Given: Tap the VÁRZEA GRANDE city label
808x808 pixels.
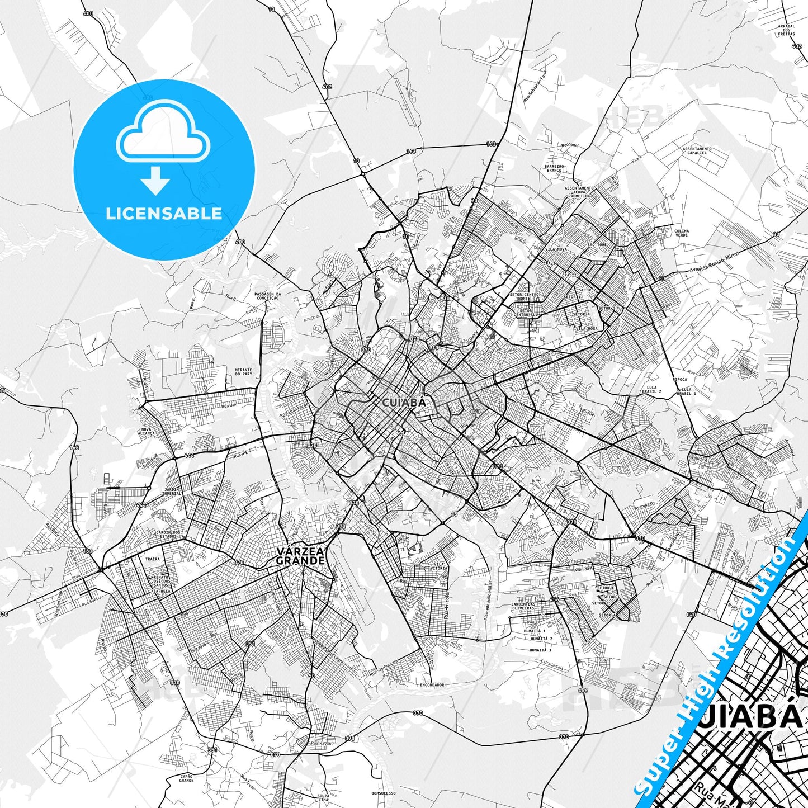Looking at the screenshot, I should (x=301, y=556).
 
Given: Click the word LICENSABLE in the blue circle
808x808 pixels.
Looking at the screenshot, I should (x=164, y=214).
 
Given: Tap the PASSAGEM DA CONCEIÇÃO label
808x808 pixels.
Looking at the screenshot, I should (x=267, y=296).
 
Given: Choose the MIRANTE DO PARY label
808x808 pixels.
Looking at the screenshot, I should (x=244, y=372).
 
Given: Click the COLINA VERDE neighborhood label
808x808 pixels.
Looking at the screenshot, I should (x=682, y=233).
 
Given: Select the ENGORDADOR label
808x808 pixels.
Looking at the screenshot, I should (x=432, y=684).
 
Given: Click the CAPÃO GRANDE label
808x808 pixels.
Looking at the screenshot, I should (x=187, y=778).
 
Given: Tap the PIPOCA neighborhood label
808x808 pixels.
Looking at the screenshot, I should (x=680, y=379).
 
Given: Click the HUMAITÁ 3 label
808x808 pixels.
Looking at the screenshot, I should (x=541, y=650).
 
